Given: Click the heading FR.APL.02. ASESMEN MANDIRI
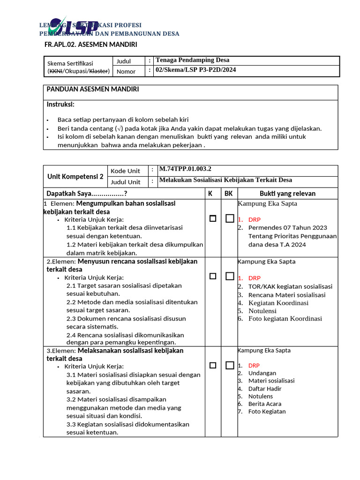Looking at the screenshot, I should [x=90, y=45].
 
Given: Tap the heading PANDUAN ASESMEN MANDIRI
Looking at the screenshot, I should [x=92, y=89].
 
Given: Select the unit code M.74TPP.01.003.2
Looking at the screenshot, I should [x=185, y=169].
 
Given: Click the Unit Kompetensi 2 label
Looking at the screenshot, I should [x=75, y=177].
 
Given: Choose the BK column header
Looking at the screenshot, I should [x=228, y=194].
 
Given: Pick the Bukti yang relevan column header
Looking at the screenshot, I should [x=287, y=194].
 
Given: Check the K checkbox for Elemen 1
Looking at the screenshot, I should [x=213, y=218].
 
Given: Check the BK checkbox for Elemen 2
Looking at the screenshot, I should [x=229, y=276].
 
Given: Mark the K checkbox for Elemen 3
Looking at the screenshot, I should [x=213, y=365].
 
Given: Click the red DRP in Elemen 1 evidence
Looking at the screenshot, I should [x=255, y=219].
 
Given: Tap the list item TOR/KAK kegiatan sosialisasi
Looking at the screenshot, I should [x=290, y=286].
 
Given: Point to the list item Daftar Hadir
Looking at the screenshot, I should [x=265, y=389].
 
